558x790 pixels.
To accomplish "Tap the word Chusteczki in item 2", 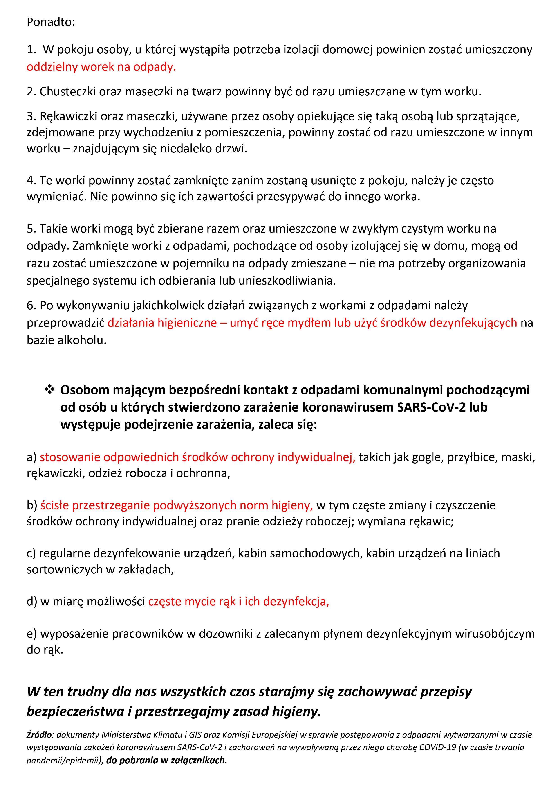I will click(68, 92).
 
